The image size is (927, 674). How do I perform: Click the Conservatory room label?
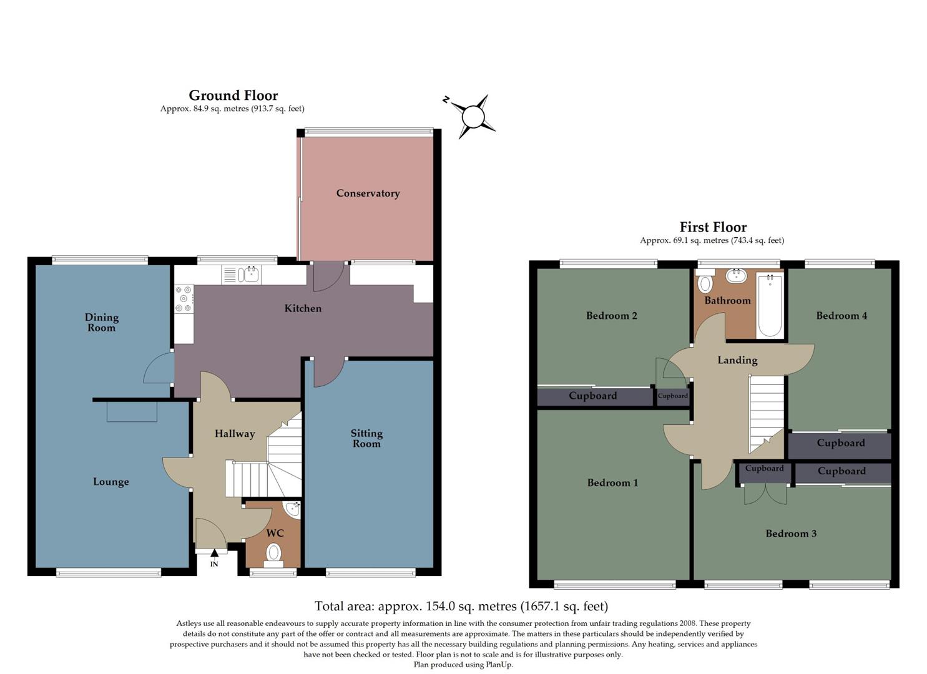pyautogui.click(x=368, y=193)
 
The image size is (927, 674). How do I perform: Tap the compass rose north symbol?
pyautogui.click(x=473, y=117)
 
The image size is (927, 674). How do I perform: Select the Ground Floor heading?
pyautogui.click(x=233, y=95)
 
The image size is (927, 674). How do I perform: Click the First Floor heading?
pyautogui.click(x=713, y=227)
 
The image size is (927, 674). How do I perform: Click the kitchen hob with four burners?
pyautogui.click(x=184, y=298)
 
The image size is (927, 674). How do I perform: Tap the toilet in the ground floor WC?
pyautogui.click(x=273, y=554)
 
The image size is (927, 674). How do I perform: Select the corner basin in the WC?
pyautogui.click(x=293, y=510)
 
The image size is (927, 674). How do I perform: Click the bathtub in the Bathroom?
pyautogui.click(x=770, y=306)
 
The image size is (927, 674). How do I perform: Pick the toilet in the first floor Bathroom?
pyautogui.click(x=705, y=283)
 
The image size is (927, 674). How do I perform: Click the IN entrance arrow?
pyautogui.click(x=214, y=553)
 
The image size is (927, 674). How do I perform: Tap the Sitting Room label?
pyautogui.click(x=366, y=438)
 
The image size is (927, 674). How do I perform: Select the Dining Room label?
pyautogui.click(x=102, y=323)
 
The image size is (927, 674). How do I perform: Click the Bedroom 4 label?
pyautogui.click(x=841, y=316)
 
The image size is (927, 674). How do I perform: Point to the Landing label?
pyautogui.click(x=737, y=360)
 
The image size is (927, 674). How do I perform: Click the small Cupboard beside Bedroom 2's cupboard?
pyautogui.click(x=672, y=396)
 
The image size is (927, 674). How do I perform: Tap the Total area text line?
pyautogui.click(x=461, y=606)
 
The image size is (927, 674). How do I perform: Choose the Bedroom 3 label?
pyautogui.click(x=791, y=534)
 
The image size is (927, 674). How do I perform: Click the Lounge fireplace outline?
pyautogui.click(x=132, y=411)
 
